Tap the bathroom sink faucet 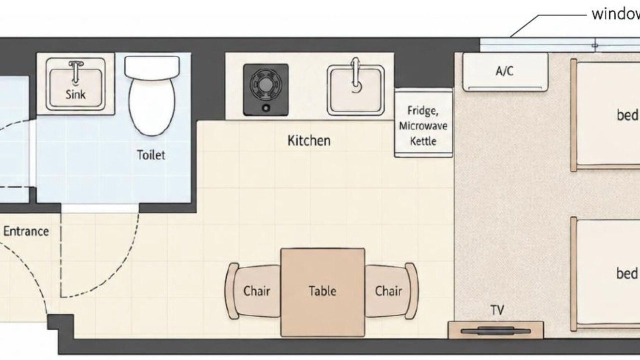point(75,71)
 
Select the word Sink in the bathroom point(75,94)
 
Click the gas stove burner point(265,85)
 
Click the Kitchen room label point(309,140)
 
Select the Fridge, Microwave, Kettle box point(423,122)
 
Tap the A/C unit point(505,72)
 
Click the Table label point(322,291)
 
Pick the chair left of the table point(252,291)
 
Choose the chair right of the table point(391,291)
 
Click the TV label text point(497,310)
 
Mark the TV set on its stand point(495,331)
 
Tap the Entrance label point(26,231)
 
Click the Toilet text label point(151,155)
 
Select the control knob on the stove point(266,108)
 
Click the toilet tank point(152,67)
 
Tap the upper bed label point(627,115)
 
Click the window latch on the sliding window point(595,45)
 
